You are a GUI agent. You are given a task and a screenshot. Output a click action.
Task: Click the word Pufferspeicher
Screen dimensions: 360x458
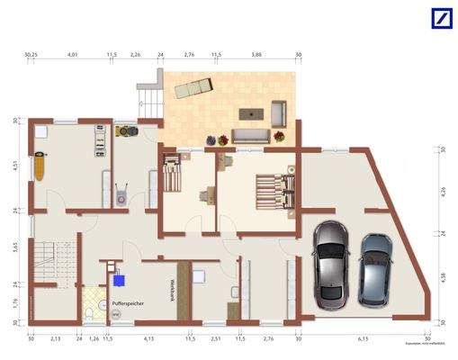[x=129, y=303]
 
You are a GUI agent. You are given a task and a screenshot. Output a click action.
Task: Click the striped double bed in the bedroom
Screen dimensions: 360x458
[x=274, y=190]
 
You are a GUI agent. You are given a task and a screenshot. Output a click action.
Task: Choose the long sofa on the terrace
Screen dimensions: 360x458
[x=252, y=136]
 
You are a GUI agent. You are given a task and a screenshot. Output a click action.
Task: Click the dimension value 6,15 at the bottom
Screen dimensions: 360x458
[x=364, y=340]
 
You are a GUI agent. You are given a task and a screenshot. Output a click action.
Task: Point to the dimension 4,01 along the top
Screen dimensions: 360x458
[x=72, y=56]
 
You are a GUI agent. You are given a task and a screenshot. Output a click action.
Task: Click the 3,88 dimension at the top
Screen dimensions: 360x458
[x=257, y=56]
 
